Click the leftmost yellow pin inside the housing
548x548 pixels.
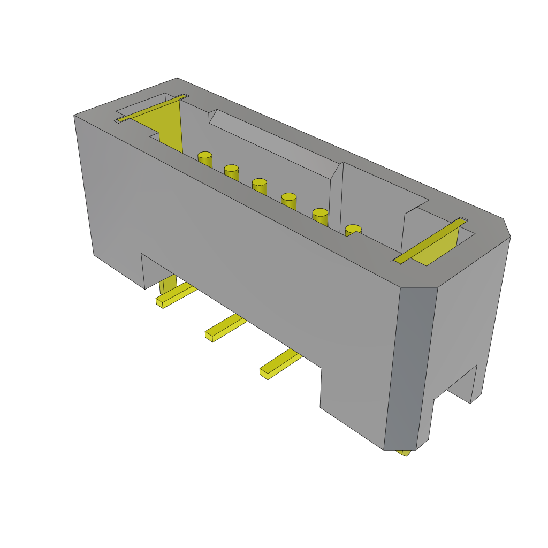point(205,159)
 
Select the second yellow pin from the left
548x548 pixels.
point(231,172)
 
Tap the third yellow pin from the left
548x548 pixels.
point(259,186)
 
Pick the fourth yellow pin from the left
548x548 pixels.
point(288,201)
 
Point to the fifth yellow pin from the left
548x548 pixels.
point(320,217)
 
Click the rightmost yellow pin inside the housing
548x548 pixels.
point(353,230)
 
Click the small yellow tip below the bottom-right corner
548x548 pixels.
point(404,453)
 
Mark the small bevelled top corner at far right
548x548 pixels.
point(506,228)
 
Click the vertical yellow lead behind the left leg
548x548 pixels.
point(168,284)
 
